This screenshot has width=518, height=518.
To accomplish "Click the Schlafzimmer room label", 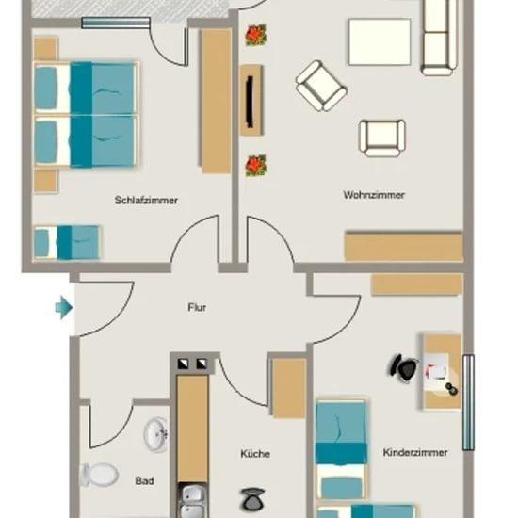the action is [146, 201].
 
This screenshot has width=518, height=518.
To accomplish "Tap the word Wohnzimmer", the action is [374, 195].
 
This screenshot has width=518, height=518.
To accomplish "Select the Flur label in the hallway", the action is [197, 308].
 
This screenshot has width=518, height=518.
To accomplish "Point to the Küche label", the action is [255, 454].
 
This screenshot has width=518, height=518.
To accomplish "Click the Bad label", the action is [144, 480].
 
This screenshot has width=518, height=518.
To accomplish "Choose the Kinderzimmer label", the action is [415, 452].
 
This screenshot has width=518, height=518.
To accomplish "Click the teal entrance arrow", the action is [64, 308].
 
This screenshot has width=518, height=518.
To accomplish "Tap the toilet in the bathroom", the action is [99, 475].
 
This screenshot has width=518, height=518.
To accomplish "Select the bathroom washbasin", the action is [156, 434].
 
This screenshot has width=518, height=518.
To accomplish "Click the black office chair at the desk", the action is [403, 367].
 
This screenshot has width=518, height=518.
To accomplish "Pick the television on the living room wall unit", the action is [251, 102].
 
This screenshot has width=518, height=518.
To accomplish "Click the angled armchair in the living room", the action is [321, 86].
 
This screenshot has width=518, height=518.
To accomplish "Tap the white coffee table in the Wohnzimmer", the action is [380, 42].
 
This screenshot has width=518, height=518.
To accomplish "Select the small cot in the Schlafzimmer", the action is [67, 242].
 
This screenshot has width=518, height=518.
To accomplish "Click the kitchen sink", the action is [192, 500].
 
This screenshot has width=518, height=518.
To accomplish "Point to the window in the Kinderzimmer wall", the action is [468, 402].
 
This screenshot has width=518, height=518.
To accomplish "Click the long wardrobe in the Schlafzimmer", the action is [216, 101].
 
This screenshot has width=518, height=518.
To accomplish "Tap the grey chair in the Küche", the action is [252, 498].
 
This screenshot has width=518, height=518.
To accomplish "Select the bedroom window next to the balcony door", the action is [116, 23].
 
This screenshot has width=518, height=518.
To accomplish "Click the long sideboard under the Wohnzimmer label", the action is [403, 247].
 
